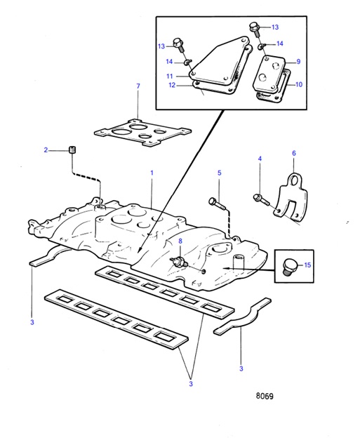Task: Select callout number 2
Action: pyautogui.click(x=46, y=150)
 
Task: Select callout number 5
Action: pyautogui.click(x=218, y=173)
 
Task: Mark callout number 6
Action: pyautogui.click(x=293, y=153)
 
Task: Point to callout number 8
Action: pyautogui.click(x=180, y=241)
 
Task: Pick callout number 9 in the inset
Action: pyautogui.click(x=298, y=62)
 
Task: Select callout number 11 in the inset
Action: pyautogui.click(x=169, y=76)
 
